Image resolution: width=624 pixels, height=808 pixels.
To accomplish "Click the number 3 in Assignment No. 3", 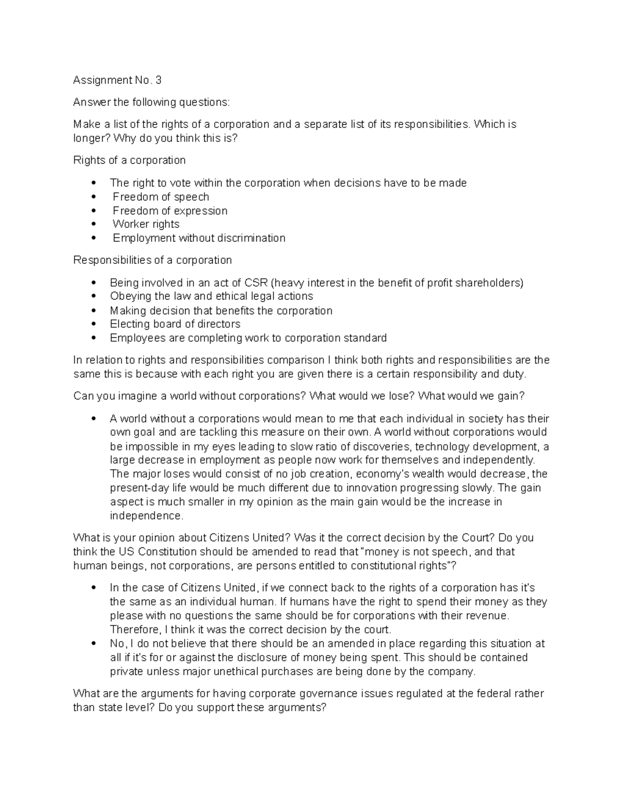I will click(x=158, y=80).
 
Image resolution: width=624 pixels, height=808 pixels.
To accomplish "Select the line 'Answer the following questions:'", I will click(x=151, y=102).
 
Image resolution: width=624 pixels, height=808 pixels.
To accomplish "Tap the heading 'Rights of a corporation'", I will click(x=129, y=160).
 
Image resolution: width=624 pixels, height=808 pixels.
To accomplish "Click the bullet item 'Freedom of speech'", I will click(x=161, y=197).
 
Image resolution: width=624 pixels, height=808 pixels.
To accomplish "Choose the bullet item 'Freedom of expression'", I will click(x=170, y=211).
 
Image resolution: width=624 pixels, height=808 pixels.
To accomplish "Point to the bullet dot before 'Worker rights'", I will click(x=94, y=225).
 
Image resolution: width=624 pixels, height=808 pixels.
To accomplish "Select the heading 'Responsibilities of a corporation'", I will click(x=152, y=260).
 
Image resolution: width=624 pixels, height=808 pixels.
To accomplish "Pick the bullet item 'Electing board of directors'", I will click(x=175, y=324).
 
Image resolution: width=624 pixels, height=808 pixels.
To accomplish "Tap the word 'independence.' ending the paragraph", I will click(x=147, y=516).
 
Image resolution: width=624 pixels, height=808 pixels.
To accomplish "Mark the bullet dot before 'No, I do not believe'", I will click(x=94, y=644).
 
